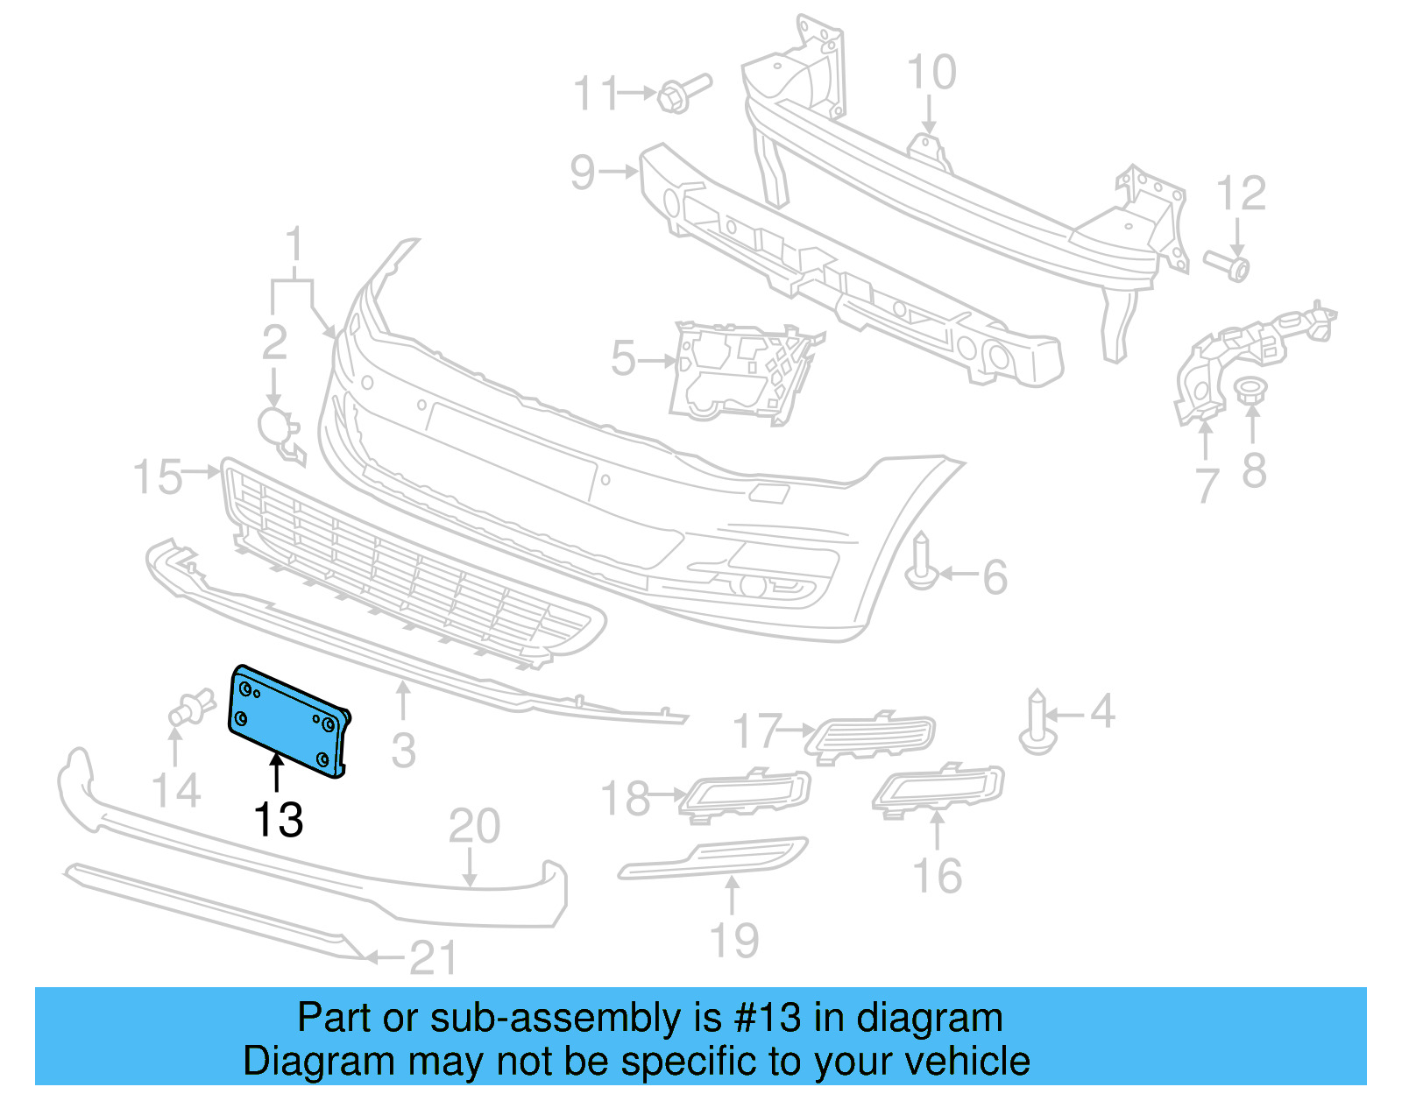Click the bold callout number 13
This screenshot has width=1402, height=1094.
278,820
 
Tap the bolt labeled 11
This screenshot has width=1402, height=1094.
683,92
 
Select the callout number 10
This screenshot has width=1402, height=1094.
931,73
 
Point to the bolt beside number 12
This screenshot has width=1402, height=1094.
1228,264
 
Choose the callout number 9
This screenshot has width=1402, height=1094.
583,172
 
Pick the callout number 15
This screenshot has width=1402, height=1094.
158,477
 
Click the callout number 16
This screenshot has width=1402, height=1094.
937,876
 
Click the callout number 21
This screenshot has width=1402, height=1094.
433,958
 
